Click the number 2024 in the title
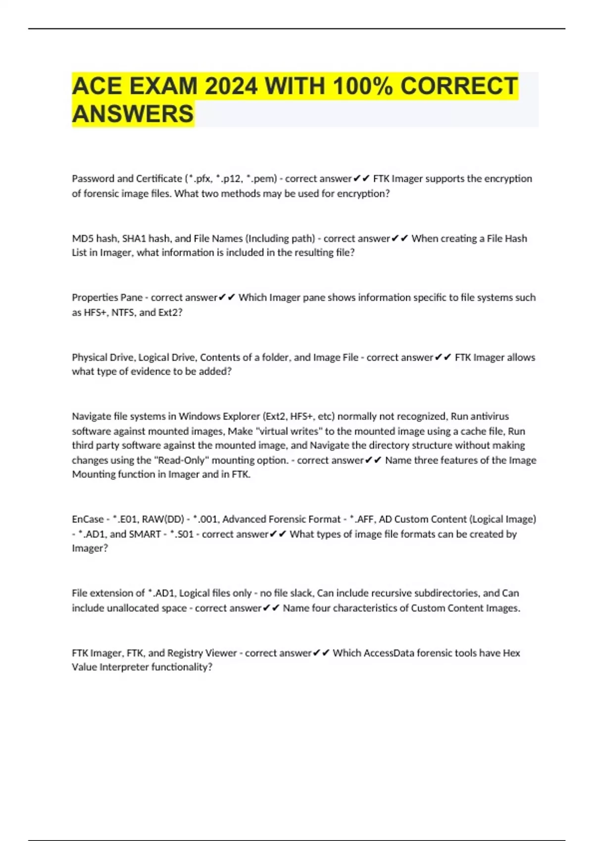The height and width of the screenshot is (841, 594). tap(231, 87)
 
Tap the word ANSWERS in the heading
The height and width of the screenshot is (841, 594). tap(133, 114)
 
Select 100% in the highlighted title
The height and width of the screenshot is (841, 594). tap(363, 87)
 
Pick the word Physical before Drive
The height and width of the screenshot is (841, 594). tap(88, 357)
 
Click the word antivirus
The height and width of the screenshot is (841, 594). tap(490, 417)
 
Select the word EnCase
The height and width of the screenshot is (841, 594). tap(87, 519)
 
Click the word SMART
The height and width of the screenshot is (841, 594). tap(145, 534)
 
